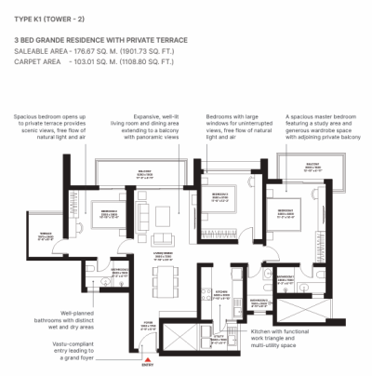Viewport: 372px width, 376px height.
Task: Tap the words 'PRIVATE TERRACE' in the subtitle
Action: coord(160,40)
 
